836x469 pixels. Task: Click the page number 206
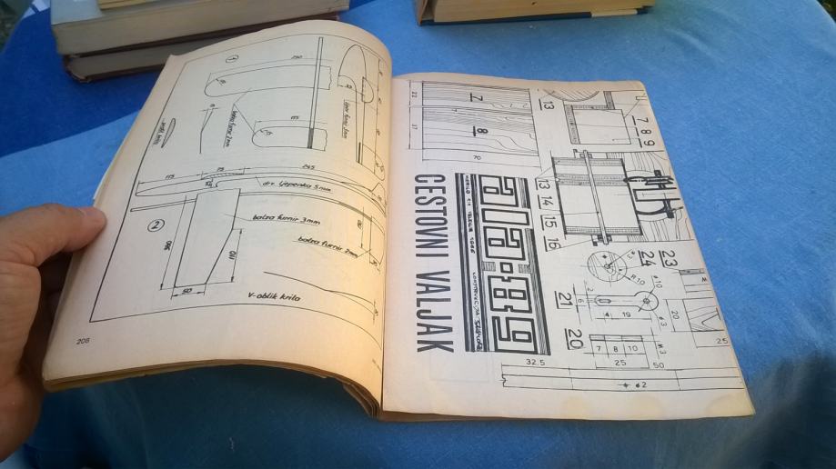76,341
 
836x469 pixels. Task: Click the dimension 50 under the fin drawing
186,290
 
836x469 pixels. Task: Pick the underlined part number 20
573,340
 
